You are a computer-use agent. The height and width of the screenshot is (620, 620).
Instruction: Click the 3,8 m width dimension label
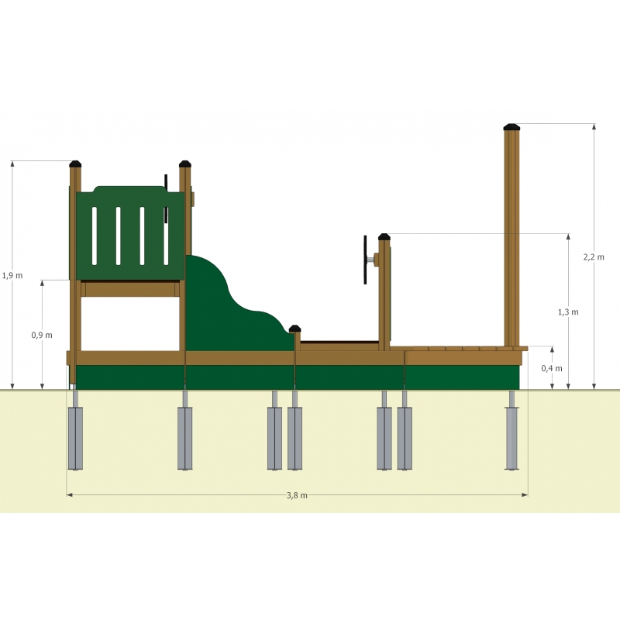[x=297, y=495]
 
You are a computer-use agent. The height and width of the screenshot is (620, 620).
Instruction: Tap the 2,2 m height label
[x=594, y=257]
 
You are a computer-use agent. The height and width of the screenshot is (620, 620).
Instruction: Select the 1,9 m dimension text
[x=12, y=276]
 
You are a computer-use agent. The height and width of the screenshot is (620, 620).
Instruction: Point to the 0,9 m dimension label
[x=42, y=336]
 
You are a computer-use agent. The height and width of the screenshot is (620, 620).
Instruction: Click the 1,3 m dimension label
[x=568, y=312]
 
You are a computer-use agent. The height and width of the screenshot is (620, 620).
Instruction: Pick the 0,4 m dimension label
[x=552, y=369]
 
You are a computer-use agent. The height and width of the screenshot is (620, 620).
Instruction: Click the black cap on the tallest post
[x=511, y=127]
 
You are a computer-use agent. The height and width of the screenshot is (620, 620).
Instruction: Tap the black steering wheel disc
[x=365, y=260]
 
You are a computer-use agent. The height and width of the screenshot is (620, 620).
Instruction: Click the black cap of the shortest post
[x=295, y=329]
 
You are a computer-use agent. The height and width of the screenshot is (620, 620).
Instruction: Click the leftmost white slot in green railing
[x=94, y=236]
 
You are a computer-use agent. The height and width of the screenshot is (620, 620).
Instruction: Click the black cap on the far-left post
[x=75, y=164]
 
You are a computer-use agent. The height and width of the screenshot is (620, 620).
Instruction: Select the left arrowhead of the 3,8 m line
[x=69, y=494]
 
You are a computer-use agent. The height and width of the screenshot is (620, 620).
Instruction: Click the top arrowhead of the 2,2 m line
[x=594, y=126]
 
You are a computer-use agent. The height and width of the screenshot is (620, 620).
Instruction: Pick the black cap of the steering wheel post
[x=384, y=237]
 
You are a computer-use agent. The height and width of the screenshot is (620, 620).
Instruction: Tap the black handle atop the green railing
[x=166, y=198]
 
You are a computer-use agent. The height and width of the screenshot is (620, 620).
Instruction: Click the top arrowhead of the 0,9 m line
[x=43, y=283]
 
